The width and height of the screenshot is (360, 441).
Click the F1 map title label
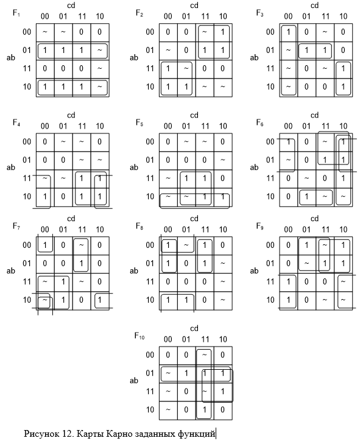(16, 13)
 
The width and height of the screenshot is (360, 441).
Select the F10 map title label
(139, 336)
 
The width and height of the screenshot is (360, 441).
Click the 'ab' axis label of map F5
(134, 168)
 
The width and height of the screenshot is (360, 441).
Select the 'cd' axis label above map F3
(314, 5)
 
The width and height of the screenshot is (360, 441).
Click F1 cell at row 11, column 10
(100, 69)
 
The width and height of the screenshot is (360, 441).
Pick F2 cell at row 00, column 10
(223, 32)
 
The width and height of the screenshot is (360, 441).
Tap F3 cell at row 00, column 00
(288, 32)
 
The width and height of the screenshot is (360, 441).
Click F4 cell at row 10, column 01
(63, 197)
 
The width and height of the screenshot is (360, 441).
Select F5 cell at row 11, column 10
(223, 178)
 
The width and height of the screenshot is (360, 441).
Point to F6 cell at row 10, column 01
(306, 197)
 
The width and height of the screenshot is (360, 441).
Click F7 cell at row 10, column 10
(100, 300)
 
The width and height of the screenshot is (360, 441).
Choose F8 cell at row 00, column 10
(223, 245)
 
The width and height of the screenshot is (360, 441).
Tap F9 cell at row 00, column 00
(288, 245)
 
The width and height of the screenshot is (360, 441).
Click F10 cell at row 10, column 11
(205, 410)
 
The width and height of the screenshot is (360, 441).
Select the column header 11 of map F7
(82, 230)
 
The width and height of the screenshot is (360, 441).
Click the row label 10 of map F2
(150, 86)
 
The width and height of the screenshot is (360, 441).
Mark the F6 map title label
(259, 122)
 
